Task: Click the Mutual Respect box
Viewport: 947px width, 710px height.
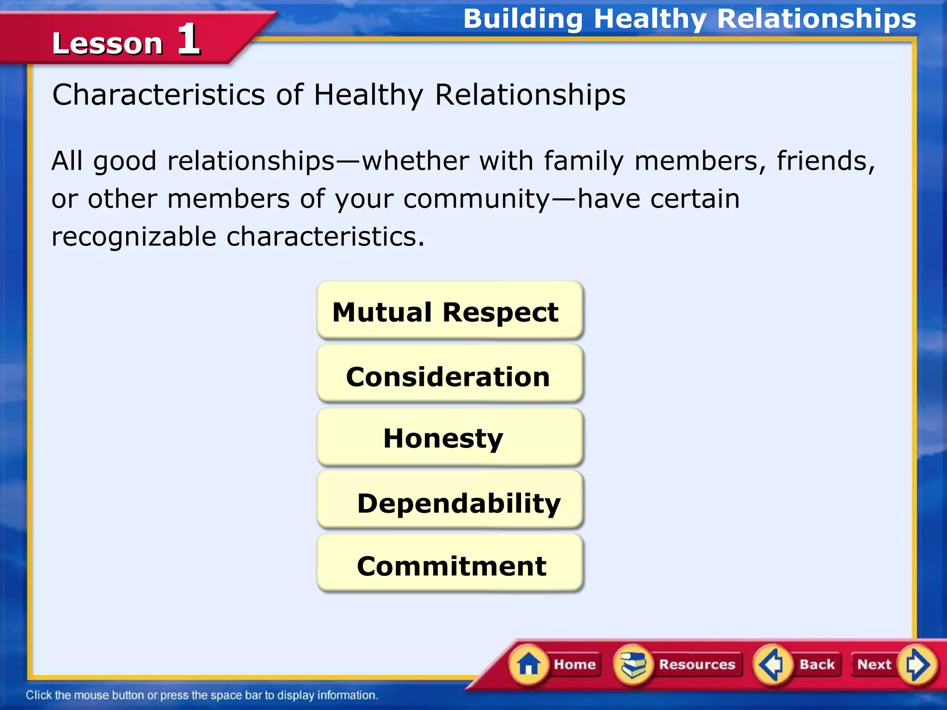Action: point(449,311)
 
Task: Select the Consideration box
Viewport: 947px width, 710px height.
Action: point(449,375)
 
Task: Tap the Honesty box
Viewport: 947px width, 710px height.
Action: point(449,437)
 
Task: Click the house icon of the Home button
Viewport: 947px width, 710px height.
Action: point(528,665)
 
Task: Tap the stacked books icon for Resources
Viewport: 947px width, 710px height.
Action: point(633,665)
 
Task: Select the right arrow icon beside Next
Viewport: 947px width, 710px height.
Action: point(916,665)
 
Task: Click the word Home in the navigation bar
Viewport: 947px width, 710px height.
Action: point(575,664)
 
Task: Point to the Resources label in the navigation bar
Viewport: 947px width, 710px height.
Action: point(697,664)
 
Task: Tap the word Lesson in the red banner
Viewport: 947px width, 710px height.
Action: point(107,43)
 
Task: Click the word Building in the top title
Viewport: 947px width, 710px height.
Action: point(523,19)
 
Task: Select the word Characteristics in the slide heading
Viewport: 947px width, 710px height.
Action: point(159,95)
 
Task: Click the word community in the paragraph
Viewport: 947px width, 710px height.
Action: point(476,200)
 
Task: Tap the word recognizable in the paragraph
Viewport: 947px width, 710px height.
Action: point(134,237)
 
